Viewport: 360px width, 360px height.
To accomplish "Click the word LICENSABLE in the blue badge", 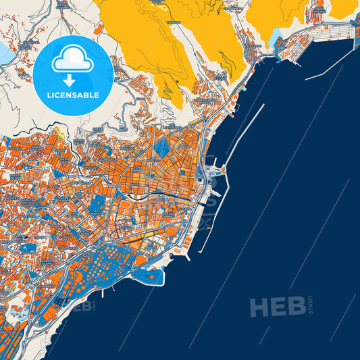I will point(73,95).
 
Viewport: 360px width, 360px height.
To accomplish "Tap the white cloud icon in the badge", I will point(72,60).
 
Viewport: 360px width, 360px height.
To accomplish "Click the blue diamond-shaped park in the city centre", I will point(162,147).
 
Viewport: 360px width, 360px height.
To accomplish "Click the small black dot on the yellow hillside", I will point(177,82).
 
